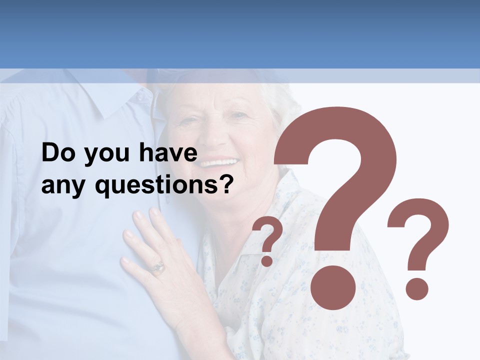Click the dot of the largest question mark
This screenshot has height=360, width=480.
pyautogui.click(x=332, y=288)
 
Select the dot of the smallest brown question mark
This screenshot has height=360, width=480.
pyautogui.click(x=267, y=260)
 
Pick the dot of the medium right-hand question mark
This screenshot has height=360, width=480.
pyautogui.click(x=416, y=288)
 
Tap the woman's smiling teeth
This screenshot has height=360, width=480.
pyautogui.click(x=218, y=163)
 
